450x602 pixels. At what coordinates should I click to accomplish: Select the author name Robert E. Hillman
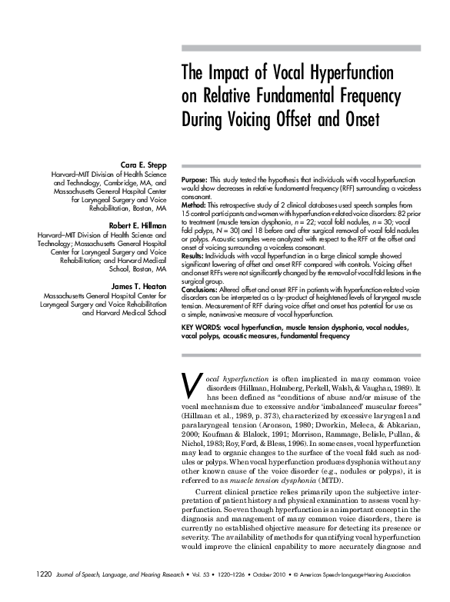tap(138, 225)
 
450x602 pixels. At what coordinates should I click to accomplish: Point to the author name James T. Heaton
tap(138, 286)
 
